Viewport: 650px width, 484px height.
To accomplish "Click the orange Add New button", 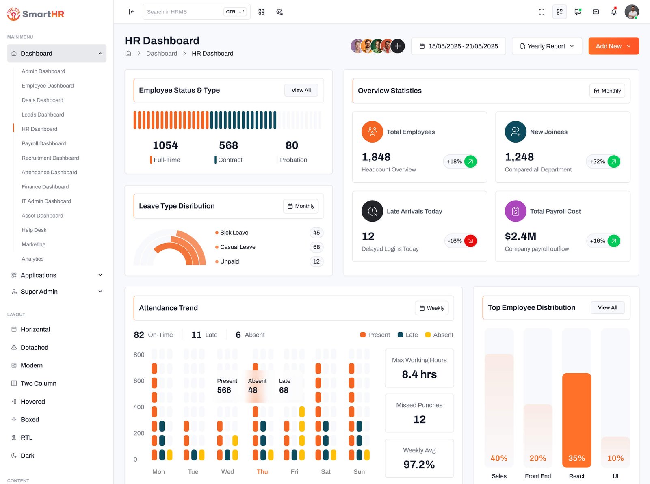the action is [613, 46].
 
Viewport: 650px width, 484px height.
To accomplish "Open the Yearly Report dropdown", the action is [546, 46].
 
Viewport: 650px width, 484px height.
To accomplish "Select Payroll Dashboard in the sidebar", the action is [43, 143].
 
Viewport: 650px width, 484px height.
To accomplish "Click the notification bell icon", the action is [614, 12].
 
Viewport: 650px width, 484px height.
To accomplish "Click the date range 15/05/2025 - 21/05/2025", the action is [458, 46].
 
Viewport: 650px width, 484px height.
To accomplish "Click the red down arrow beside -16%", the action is [470, 241].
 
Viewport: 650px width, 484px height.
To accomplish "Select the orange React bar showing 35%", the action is [576, 420].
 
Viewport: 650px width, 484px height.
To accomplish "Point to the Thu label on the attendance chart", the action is [262, 472].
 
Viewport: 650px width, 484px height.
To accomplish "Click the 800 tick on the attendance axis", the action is [139, 355].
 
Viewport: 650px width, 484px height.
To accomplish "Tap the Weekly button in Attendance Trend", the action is [431, 308].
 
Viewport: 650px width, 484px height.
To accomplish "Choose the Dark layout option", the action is [27, 456].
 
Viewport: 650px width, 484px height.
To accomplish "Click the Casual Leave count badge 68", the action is [316, 247].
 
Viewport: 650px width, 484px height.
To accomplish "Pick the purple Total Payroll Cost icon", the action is [516, 211].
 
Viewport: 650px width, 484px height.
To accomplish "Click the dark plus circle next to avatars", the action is [397, 46].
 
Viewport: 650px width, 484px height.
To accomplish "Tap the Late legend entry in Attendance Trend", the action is [407, 335].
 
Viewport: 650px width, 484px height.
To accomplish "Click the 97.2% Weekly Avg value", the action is [419, 465].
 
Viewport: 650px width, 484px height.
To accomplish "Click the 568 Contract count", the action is [228, 145].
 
